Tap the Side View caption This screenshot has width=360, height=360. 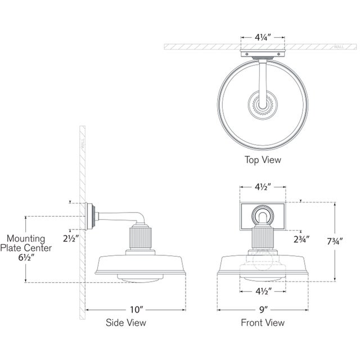point(126,323)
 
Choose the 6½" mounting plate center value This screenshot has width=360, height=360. point(26,258)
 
